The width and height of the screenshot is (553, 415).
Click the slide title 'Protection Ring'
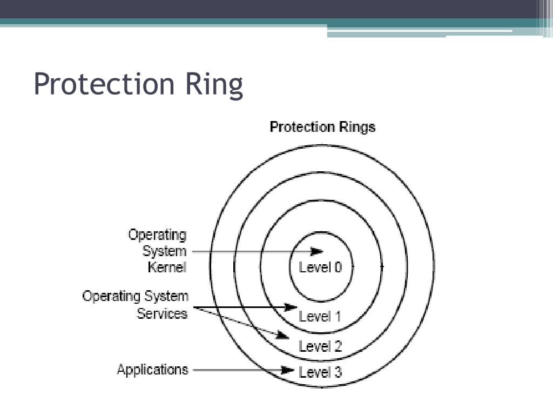coord(138,85)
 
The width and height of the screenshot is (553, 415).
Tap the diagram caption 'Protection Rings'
coord(322,127)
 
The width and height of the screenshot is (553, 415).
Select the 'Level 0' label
coord(320,267)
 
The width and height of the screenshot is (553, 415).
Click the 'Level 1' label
coord(320,317)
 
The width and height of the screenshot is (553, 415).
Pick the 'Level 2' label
coord(320,346)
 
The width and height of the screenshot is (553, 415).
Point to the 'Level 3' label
coord(320,372)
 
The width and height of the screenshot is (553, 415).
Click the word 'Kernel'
coord(167,267)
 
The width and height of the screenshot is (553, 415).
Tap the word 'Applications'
coord(152,370)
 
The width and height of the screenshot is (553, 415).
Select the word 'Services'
coord(162,313)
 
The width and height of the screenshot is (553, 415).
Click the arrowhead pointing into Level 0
coord(318,251)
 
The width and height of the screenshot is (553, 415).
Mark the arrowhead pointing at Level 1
coord(292,307)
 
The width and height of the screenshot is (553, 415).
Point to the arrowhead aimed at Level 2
coord(283,336)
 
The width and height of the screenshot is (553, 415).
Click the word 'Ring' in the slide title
coord(214,85)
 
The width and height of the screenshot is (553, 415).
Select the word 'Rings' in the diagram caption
coord(357,127)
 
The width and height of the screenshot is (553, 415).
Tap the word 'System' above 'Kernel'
coord(164,251)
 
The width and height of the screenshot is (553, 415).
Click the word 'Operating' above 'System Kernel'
coord(157,236)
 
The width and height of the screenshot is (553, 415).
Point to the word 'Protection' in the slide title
coord(103,85)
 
